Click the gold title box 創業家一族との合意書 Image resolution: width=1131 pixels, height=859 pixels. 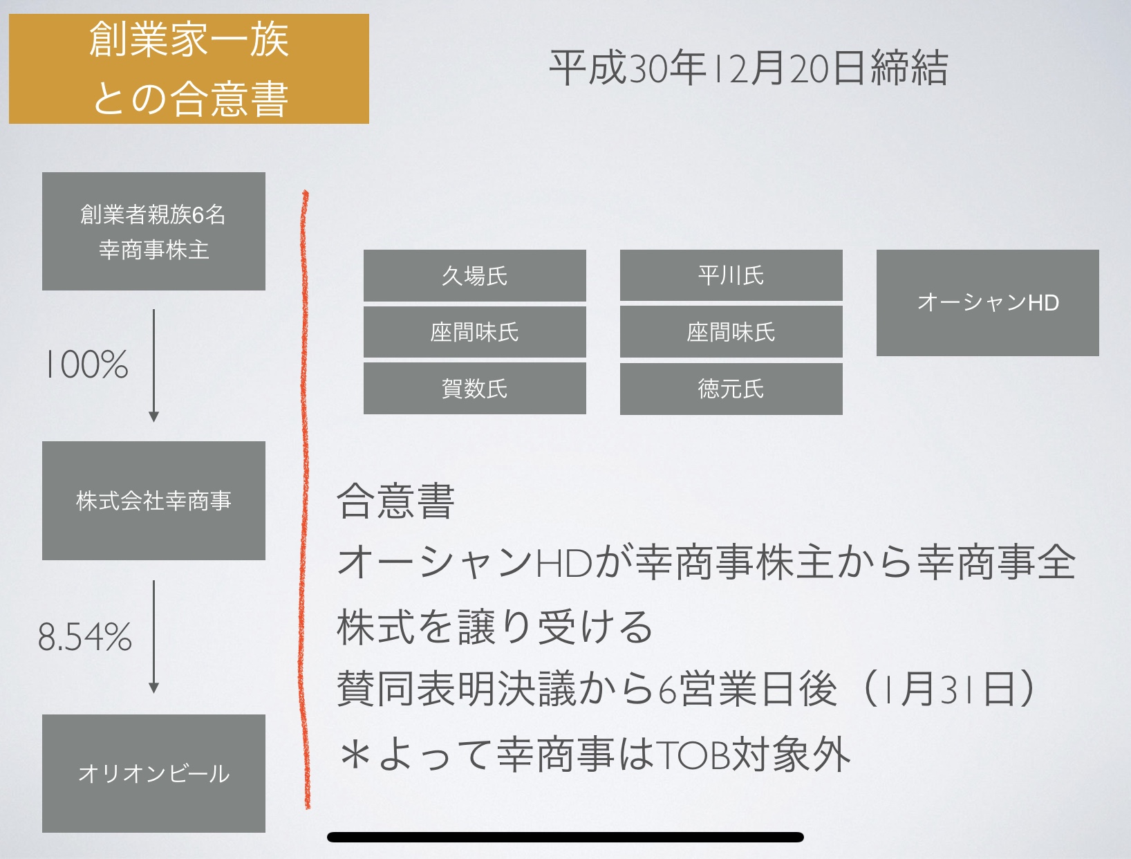189,68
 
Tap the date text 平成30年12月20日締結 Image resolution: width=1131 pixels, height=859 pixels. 748,68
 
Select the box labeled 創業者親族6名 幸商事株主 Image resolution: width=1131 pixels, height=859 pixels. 153,232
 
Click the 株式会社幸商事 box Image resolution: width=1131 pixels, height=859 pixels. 153,500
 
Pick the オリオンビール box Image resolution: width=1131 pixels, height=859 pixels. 153,773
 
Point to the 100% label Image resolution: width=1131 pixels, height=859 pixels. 86,364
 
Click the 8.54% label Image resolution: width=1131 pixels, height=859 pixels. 85,636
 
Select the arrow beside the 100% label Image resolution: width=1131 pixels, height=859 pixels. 153,366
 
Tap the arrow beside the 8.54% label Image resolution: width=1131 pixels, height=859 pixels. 153,636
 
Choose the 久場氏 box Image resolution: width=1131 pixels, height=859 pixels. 474,276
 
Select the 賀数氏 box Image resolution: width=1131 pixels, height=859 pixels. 474,388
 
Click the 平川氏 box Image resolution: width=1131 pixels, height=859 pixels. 731,275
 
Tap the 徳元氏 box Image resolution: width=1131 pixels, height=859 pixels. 731,389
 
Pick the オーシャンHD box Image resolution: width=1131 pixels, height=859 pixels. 988,302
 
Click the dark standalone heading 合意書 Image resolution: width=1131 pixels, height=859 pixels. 395,500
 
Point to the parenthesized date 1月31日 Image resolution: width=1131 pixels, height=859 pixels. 948,689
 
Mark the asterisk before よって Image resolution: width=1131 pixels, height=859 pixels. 355,755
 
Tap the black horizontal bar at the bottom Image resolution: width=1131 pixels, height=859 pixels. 565,837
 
